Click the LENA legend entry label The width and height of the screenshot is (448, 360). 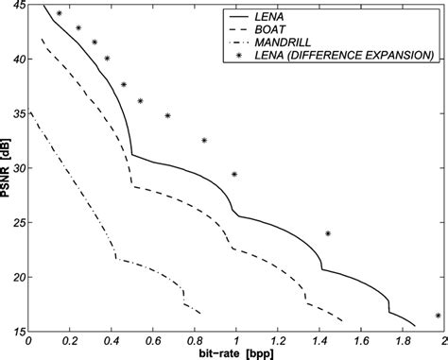(x=288, y=16)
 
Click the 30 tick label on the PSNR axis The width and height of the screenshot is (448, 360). (x=17, y=168)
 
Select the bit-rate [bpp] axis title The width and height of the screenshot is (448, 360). (x=235, y=353)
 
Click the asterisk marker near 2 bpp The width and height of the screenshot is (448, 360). (x=438, y=316)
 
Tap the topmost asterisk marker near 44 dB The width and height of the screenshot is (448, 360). (x=59, y=14)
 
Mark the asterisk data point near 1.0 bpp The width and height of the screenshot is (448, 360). (x=234, y=174)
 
